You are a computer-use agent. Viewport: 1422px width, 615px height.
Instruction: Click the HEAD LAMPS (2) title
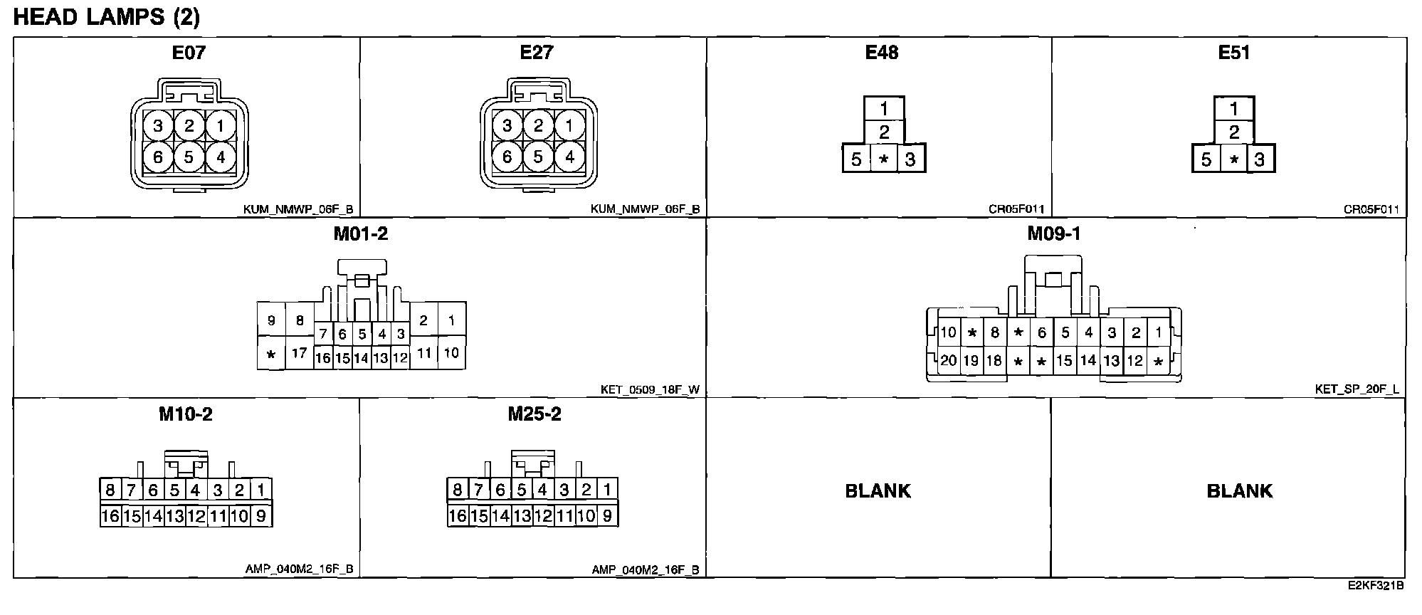(107, 17)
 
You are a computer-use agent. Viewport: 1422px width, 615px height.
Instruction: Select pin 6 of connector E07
(157, 157)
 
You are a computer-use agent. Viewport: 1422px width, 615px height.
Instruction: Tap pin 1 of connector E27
(569, 127)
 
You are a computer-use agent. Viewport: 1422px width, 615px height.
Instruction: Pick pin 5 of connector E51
(1206, 159)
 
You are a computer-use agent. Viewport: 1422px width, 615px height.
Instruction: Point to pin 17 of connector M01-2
(300, 353)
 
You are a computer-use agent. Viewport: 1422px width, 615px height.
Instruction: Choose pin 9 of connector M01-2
(271, 320)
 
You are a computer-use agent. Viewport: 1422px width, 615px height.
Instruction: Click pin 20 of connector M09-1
(948, 360)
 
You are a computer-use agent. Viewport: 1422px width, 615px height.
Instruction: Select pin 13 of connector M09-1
(1111, 361)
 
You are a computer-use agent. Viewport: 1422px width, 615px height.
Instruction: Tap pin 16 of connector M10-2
(110, 516)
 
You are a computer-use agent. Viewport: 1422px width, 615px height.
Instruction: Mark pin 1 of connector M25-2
(607, 490)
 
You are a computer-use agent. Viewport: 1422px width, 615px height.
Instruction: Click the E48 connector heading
(882, 53)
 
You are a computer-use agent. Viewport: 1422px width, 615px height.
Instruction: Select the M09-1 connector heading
(1053, 233)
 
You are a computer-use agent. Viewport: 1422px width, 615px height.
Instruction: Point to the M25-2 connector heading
(534, 414)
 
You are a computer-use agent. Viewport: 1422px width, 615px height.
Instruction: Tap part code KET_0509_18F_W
(650, 389)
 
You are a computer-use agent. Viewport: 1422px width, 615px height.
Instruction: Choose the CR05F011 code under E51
(1371, 209)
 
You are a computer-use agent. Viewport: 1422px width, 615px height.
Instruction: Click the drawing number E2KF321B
(1376, 586)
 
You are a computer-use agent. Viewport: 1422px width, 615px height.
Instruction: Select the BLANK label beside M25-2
(878, 490)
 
